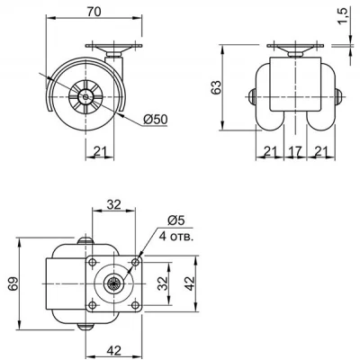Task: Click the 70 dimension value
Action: [x=94, y=12]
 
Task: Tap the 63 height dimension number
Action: [x=216, y=87]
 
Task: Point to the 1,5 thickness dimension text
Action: [x=344, y=16]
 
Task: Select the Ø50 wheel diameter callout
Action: [x=156, y=120]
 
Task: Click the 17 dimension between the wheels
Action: [x=295, y=152]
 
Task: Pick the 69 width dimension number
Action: [x=13, y=283]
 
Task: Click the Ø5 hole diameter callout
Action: [x=175, y=220]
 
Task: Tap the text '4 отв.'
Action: [x=176, y=237]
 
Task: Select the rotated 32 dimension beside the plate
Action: [x=163, y=283]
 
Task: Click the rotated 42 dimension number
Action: [x=190, y=283]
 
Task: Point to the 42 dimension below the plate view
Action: [x=114, y=350]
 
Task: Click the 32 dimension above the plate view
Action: [x=114, y=204]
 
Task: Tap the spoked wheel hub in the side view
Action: [x=86, y=96]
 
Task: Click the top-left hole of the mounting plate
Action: [x=93, y=262]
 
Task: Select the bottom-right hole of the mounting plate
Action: [x=135, y=305]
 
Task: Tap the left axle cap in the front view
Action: [x=253, y=97]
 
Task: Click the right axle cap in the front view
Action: [x=338, y=97]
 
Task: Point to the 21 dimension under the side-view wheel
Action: [x=100, y=152]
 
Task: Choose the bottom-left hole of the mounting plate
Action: [x=93, y=305]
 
